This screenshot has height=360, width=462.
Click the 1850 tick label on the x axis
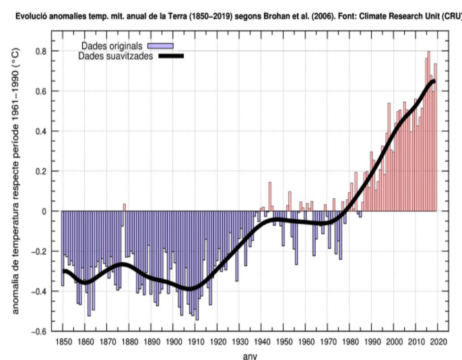pos(62,342)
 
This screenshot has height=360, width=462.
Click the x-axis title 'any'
pos(249,356)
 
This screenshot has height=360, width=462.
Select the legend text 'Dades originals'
pos(111,45)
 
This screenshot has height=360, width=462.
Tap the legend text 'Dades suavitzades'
pos(114,56)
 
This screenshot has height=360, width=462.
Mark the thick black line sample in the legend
pos(170,56)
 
